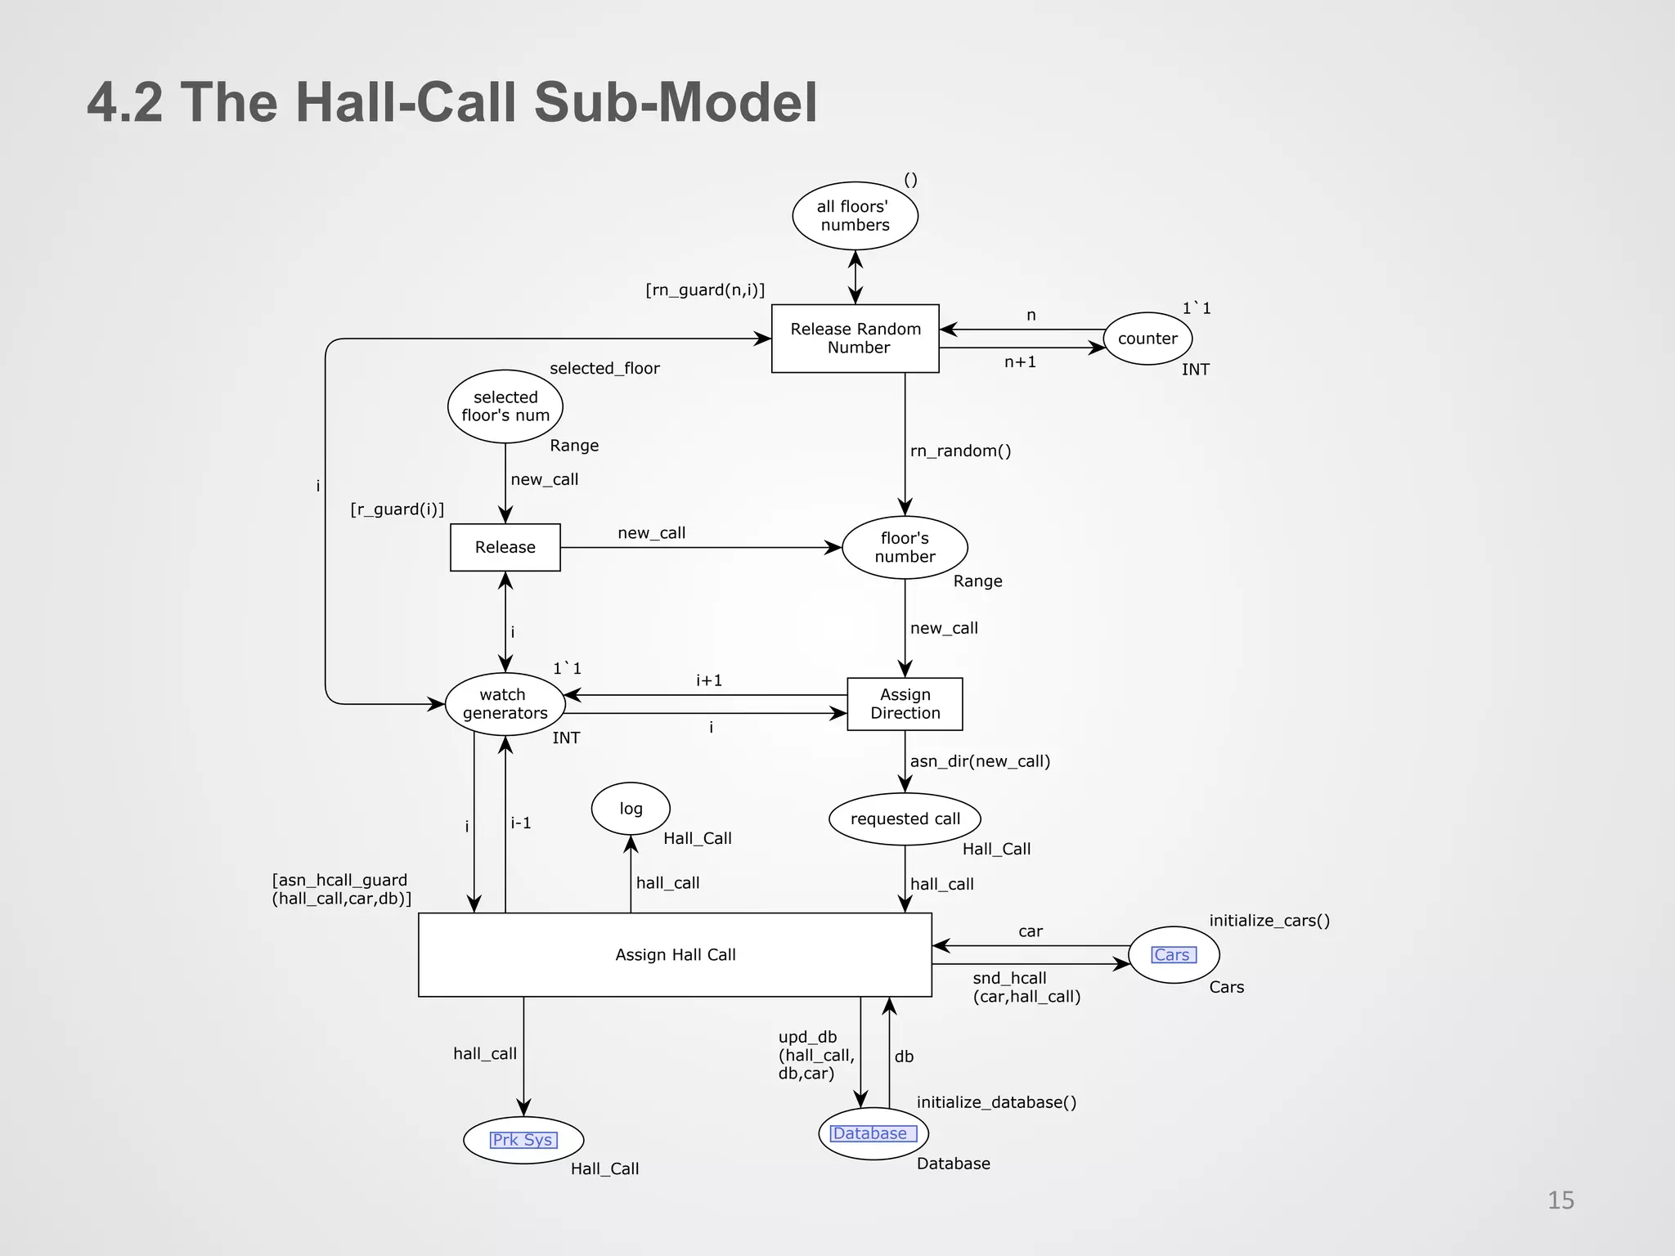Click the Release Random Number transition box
click(x=855, y=339)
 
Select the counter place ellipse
click(x=1147, y=339)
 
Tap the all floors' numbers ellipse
click(x=855, y=216)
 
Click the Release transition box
click(x=505, y=547)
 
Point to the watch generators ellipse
click(x=505, y=704)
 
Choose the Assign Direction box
click(x=905, y=704)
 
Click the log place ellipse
click(x=631, y=809)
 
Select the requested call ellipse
click(x=905, y=819)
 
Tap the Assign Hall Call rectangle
click(x=675, y=954)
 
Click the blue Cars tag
click(x=1173, y=955)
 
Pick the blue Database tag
click(x=873, y=1133)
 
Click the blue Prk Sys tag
click(x=523, y=1140)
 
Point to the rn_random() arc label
click(x=960, y=451)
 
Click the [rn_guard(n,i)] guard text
click(x=705, y=290)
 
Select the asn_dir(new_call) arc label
click(x=980, y=761)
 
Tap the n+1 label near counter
click(x=1020, y=362)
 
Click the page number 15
click(x=1560, y=1200)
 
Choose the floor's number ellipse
click(x=905, y=547)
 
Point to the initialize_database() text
click(x=996, y=1102)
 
